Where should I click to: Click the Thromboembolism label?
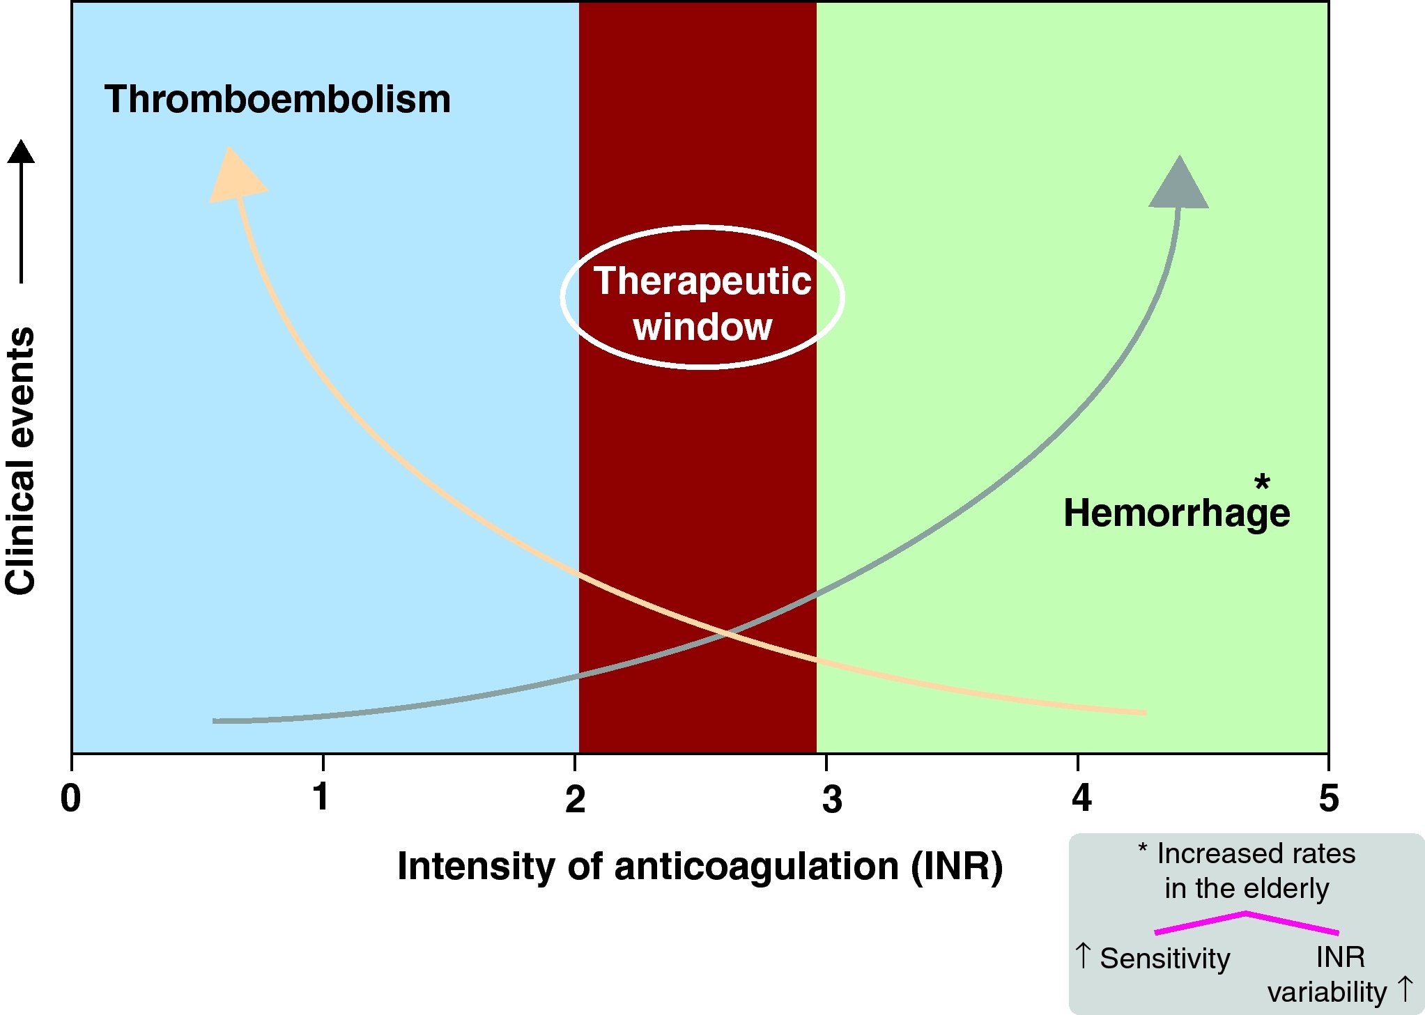coord(277,100)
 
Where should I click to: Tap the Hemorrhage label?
coord(1176,513)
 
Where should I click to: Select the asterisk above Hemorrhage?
coord(1262,482)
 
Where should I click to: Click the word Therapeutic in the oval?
coord(702,281)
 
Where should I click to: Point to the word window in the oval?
coord(702,327)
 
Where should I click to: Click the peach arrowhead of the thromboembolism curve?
coord(236,176)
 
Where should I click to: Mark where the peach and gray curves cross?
coord(726,633)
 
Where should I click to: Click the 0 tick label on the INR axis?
coord(70,798)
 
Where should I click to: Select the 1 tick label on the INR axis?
coord(321,797)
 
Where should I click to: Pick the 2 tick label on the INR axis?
coord(575,798)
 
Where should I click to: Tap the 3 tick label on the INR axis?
coord(832,799)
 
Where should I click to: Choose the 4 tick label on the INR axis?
coord(1081,798)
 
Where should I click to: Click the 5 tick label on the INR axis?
coord(1328,798)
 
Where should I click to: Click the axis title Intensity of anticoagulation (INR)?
coord(700,867)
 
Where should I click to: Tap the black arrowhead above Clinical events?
coord(21,152)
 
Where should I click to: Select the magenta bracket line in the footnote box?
coord(1246,923)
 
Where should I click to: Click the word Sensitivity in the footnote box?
coord(1165,959)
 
